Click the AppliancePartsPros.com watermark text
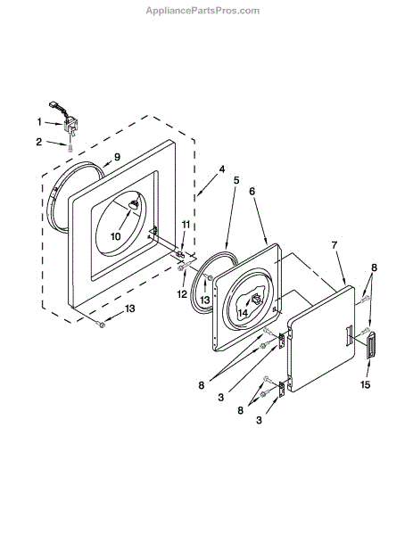click(202, 11)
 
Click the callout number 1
click(39, 122)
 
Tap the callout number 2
click(39, 142)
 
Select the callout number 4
click(222, 169)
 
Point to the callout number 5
click(236, 180)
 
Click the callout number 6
click(252, 191)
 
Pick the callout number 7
click(335, 244)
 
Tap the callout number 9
click(117, 157)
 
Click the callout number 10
click(116, 235)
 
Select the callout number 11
click(186, 225)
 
